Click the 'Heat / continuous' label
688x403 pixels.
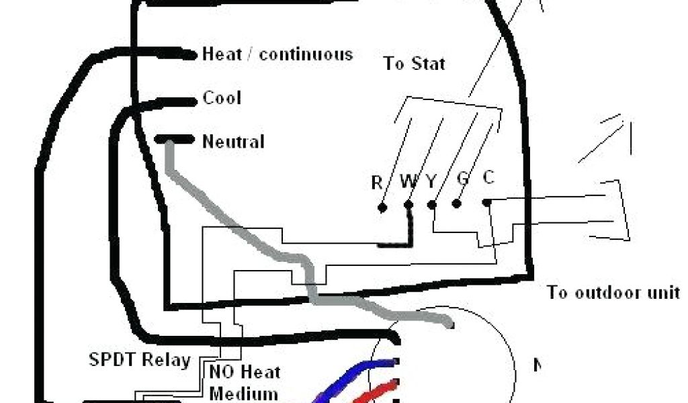click(x=277, y=54)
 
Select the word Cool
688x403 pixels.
click(x=222, y=99)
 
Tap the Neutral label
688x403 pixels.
click(x=233, y=142)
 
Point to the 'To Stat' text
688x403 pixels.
click(x=415, y=64)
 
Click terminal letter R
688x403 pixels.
click(x=377, y=182)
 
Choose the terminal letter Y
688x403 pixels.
click(x=431, y=181)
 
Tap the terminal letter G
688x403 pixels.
click(x=462, y=179)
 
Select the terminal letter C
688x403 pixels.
click(x=488, y=178)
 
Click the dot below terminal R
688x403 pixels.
click(x=382, y=208)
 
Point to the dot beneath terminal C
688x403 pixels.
click(x=486, y=201)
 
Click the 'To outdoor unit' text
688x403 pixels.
click(x=613, y=293)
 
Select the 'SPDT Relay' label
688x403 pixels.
click(x=140, y=360)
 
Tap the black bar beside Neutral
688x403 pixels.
click(x=173, y=140)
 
